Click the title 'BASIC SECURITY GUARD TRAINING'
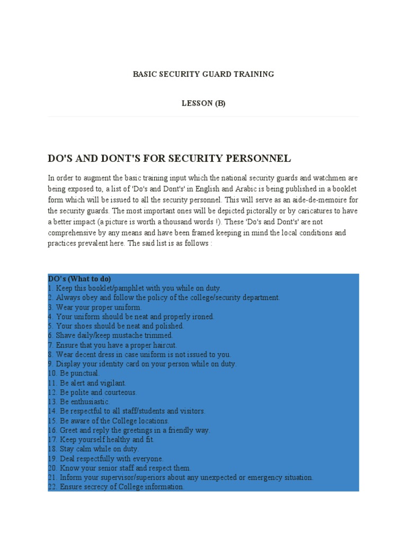tap(203, 74)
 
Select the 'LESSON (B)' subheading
tap(203, 103)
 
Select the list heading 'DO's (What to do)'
tap(79, 279)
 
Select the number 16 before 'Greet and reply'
tap(52, 430)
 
